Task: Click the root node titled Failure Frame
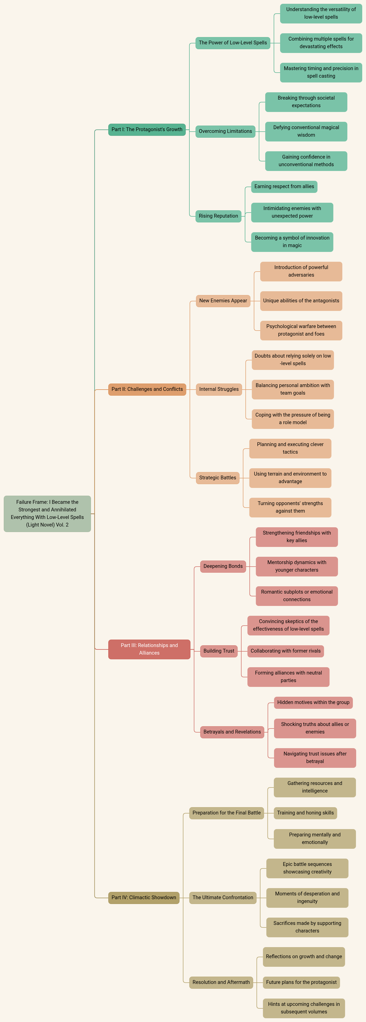coord(47,513)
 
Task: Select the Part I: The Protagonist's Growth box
coord(147,129)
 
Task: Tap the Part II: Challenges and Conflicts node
coord(147,389)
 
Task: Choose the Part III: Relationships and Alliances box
coord(149,649)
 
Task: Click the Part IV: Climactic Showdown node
coord(144,897)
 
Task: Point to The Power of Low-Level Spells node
coord(233,43)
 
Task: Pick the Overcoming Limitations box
coord(225,131)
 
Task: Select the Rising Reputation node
coord(218,216)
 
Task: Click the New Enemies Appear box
coord(223,301)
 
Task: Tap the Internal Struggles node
coord(219,389)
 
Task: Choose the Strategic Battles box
coord(217,478)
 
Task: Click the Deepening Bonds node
coord(223,566)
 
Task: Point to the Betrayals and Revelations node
coord(232,732)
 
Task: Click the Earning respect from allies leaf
coord(284,186)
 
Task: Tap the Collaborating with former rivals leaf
coord(285,651)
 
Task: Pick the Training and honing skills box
coord(305,813)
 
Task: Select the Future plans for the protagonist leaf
coord(301,982)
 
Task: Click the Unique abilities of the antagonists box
coord(301,301)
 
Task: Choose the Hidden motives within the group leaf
coord(313,702)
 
